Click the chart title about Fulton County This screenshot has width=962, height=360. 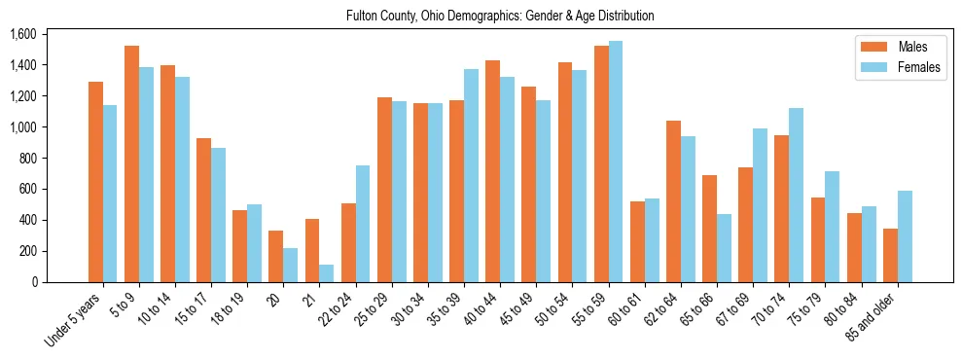coord(500,16)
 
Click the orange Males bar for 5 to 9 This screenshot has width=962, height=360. coord(131,163)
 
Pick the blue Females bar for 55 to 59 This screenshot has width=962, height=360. coord(616,162)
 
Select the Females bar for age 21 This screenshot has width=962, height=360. coord(327,273)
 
